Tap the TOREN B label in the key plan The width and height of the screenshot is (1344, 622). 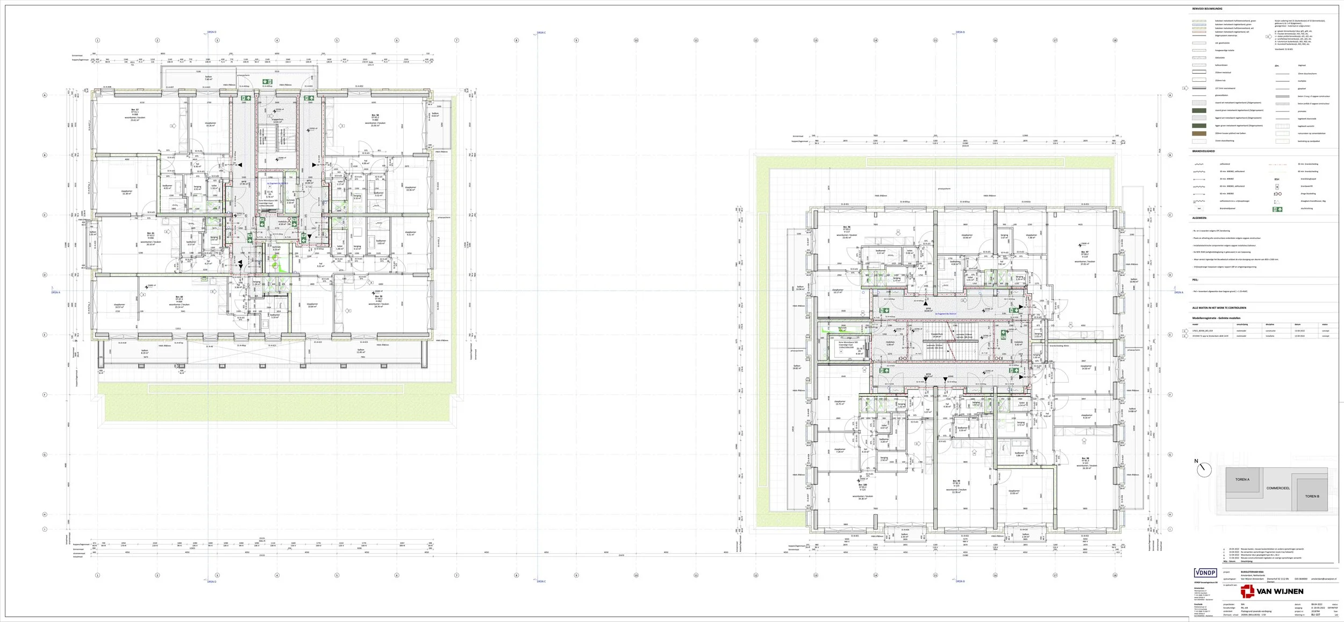[1312, 496]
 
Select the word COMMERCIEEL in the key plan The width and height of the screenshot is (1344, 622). [1278, 488]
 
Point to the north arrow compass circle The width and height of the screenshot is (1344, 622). [1205, 470]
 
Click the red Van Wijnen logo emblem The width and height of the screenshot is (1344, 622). [1247, 592]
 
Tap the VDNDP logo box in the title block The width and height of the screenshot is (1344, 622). [1205, 573]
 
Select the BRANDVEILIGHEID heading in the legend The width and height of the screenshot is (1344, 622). [1203, 151]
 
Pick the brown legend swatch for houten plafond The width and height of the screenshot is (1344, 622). [1199, 133]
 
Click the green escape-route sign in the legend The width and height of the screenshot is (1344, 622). [1277, 209]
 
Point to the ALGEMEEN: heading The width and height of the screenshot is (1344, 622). [1199, 218]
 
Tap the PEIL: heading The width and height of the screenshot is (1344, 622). [1195, 280]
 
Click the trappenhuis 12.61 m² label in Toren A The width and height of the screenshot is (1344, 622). [277, 121]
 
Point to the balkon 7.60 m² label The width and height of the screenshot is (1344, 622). [209, 78]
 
